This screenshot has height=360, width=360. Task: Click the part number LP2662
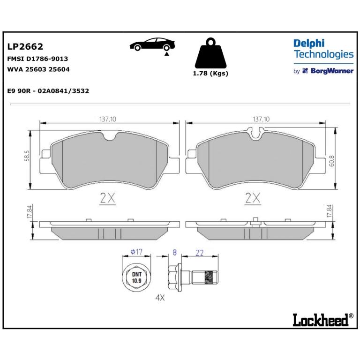click(25, 46)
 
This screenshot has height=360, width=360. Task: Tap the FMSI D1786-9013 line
click(37, 59)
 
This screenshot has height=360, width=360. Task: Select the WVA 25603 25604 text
click(38, 69)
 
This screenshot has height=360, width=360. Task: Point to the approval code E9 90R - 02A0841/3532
click(48, 91)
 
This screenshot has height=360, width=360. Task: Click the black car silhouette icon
click(152, 44)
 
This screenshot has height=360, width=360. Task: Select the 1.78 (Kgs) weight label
click(210, 74)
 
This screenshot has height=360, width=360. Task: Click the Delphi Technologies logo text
click(323, 49)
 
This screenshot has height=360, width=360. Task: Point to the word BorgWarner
click(332, 71)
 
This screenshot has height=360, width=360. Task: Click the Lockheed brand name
click(321, 320)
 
